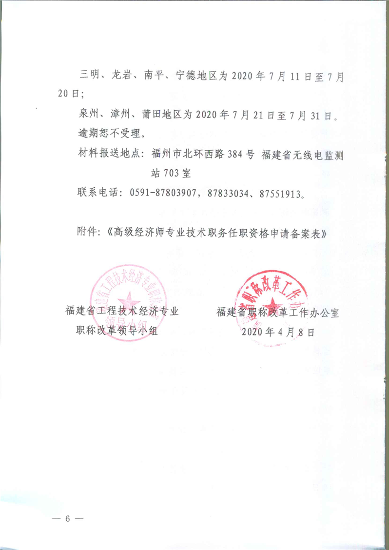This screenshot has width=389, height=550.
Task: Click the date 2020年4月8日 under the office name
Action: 278,332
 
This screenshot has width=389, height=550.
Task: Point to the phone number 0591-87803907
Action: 163,193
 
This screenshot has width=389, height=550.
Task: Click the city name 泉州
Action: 88,115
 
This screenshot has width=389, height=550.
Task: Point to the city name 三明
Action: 88,76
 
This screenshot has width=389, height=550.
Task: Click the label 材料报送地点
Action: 109,155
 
